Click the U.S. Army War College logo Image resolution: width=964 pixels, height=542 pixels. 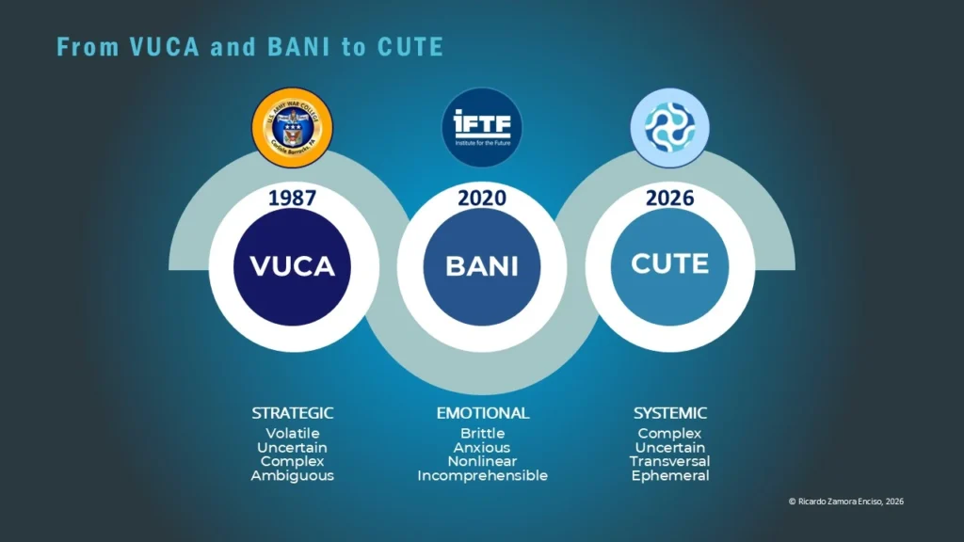(293, 128)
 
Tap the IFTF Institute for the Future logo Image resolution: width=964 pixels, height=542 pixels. (482, 128)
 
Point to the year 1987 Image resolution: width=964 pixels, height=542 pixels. (293, 199)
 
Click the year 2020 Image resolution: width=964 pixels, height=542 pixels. (482, 199)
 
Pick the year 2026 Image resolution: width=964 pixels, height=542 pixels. (669, 199)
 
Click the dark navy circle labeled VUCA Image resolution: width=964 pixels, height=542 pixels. (293, 266)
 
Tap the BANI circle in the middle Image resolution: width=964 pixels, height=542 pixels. (482, 266)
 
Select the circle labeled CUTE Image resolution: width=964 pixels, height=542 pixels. (669, 264)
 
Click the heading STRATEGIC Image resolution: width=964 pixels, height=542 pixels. (293, 413)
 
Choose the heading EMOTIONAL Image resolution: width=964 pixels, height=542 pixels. (482, 413)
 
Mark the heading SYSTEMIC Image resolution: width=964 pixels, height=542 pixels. (669, 413)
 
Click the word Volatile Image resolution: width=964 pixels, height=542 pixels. (293, 434)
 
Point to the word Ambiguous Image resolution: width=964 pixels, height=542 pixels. (293, 476)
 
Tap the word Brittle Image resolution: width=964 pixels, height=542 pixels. (482, 434)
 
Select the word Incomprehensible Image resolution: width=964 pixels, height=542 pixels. (482, 476)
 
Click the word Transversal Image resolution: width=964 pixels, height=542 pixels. (669, 462)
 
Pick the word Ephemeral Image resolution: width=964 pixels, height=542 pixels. (669, 476)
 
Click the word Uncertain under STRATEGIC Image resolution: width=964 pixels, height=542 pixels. (293, 448)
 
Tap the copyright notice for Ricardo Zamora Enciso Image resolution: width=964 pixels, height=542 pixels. (845, 502)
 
